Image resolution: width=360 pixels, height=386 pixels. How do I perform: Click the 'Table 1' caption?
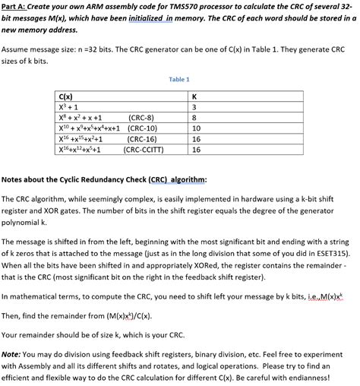(x=179, y=78)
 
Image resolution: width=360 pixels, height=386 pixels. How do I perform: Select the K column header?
(x=195, y=97)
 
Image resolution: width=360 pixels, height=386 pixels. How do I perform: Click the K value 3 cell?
(x=195, y=108)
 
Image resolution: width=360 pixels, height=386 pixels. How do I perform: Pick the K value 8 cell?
(x=195, y=119)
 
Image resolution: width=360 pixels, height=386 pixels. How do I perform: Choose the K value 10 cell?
(x=197, y=129)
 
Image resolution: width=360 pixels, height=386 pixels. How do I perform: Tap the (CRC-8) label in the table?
(x=142, y=119)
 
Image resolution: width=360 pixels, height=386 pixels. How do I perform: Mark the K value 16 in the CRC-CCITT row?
(x=197, y=150)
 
